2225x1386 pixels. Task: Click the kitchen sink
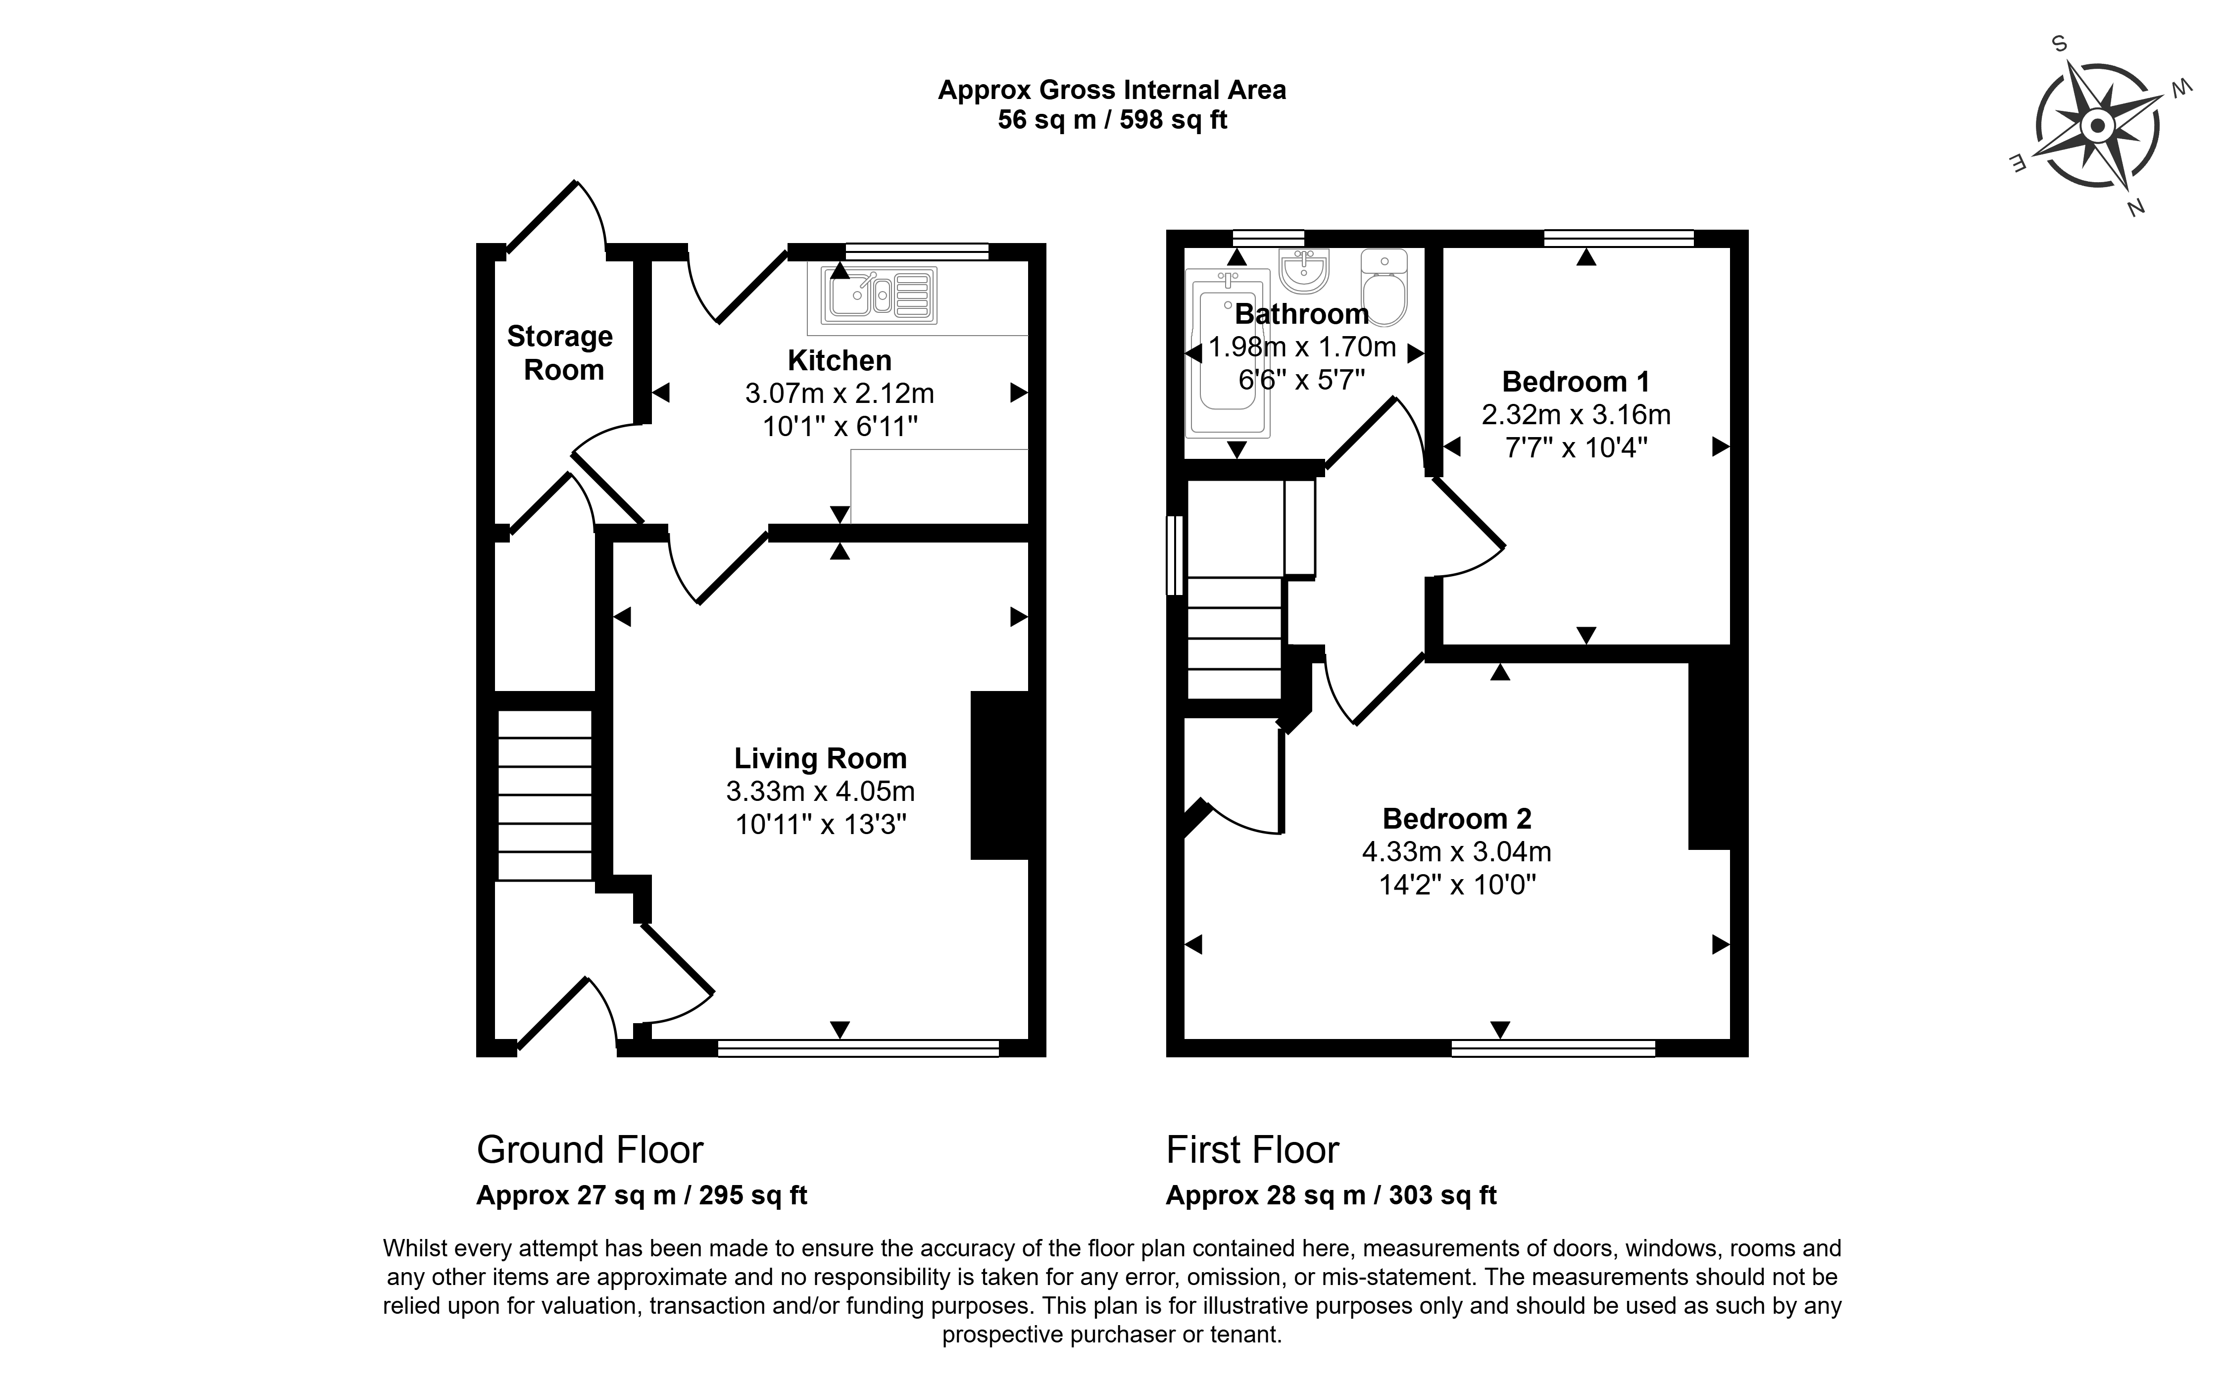tap(879, 295)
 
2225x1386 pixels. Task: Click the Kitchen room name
tap(840, 360)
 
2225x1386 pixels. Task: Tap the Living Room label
tap(820, 758)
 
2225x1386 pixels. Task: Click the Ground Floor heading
tap(590, 1149)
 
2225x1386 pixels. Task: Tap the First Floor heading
tap(1253, 1149)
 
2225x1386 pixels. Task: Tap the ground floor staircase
tap(544, 795)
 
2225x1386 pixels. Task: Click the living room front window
tap(859, 1048)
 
